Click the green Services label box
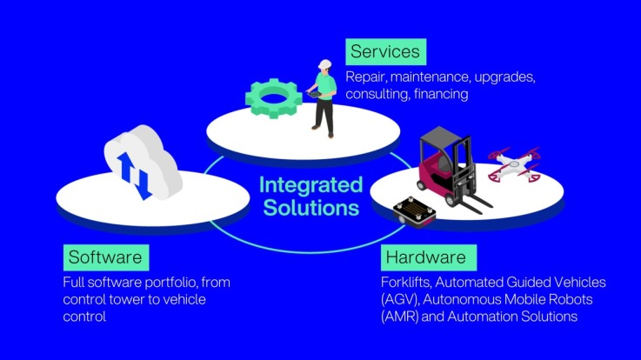[x=386, y=52]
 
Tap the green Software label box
[x=106, y=257]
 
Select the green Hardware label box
[x=429, y=257]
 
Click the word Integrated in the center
[x=311, y=184]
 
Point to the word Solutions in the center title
[x=311, y=207]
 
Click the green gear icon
[x=273, y=98]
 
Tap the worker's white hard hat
[x=325, y=64]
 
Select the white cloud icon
[x=144, y=162]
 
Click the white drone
[x=514, y=164]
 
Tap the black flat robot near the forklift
[x=414, y=212]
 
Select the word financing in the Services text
[x=441, y=95]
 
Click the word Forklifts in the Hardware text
[x=406, y=282]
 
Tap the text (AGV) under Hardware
[x=400, y=299]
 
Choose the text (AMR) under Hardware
[x=400, y=317]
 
